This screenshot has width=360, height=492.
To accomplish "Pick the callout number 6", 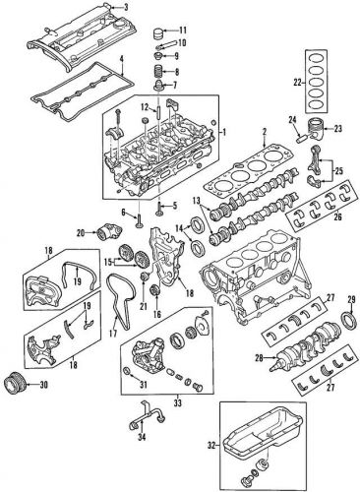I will [x=124, y=213].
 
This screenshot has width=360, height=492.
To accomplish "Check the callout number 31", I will [x=142, y=383].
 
